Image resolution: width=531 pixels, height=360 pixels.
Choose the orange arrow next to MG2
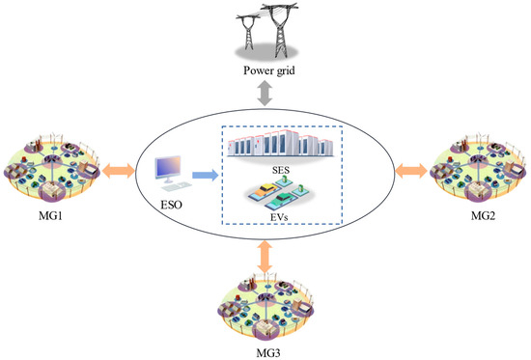(410, 174)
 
